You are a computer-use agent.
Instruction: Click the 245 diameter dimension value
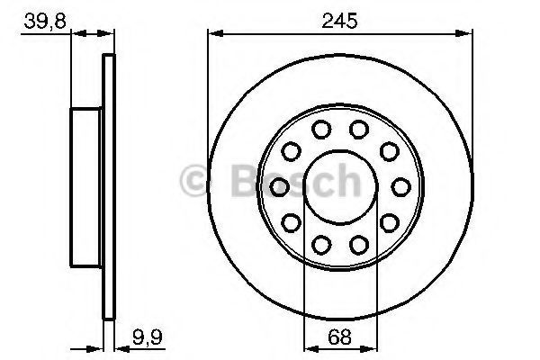tap(339, 21)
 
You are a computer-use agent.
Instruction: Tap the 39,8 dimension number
tap(45, 22)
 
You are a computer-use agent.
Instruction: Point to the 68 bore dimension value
tap(339, 337)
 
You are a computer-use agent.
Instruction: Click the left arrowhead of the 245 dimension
tap(216, 33)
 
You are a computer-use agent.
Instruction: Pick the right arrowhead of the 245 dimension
tap(464, 33)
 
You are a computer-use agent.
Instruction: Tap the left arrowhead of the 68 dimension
tap(312, 348)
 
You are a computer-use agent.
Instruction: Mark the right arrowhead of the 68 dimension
tap(369, 348)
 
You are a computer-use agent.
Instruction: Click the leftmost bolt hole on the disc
tap(279, 187)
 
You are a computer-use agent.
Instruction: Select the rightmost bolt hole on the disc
tap(401, 187)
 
